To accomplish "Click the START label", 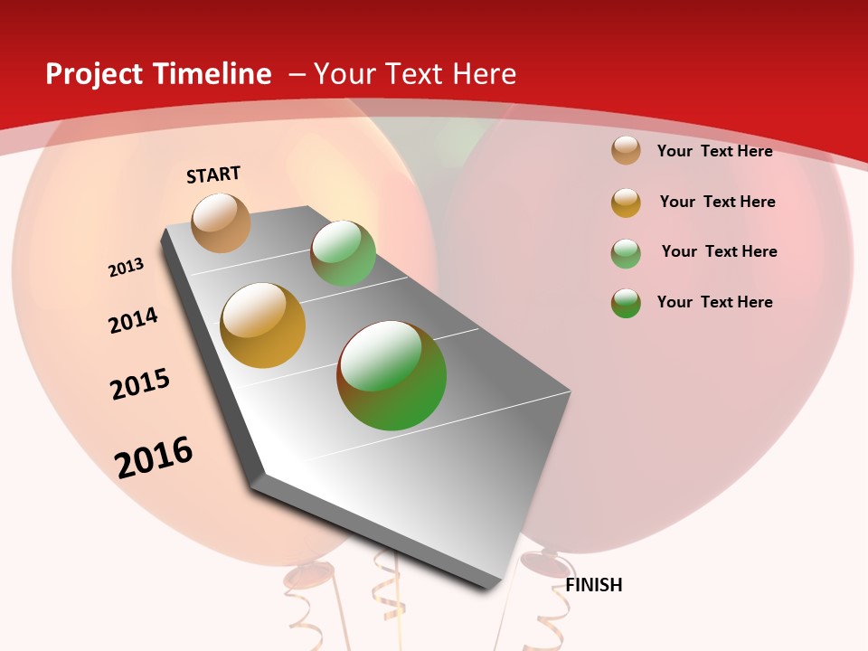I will [213, 175].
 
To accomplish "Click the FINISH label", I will [594, 585].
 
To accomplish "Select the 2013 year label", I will [127, 268].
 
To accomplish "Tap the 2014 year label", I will [134, 320].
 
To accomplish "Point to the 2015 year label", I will [140, 384].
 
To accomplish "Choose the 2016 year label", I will [154, 458].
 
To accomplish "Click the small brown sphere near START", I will [222, 222].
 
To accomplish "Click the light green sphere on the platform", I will [343, 253].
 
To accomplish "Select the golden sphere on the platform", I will [263, 325].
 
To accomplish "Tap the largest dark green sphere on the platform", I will [392, 375].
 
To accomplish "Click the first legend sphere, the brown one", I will [626, 150].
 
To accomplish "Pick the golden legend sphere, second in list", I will [626, 202].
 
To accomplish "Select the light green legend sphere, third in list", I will [626, 252].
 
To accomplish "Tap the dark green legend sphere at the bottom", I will [626, 302].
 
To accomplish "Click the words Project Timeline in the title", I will [158, 74].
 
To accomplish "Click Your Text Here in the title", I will [415, 74].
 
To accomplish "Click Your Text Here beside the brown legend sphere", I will [714, 151].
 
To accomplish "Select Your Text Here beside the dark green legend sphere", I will [714, 302].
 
